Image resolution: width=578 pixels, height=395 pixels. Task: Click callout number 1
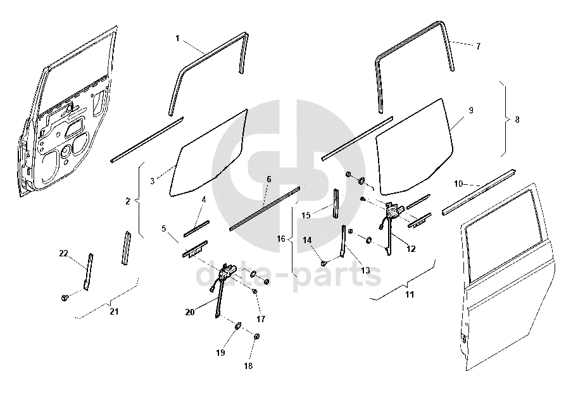click(178, 38)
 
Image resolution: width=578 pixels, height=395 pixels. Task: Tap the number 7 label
click(478, 46)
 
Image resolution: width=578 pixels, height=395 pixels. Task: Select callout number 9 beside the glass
click(471, 110)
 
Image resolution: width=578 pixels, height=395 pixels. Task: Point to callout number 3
click(153, 181)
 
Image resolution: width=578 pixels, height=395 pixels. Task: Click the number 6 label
click(268, 179)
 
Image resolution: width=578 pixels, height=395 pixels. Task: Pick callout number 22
click(63, 253)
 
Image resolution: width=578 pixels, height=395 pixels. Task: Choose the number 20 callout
click(191, 311)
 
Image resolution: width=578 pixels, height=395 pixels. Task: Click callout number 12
click(411, 249)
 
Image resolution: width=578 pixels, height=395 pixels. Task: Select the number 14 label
click(306, 239)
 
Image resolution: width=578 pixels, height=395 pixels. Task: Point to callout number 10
click(458, 184)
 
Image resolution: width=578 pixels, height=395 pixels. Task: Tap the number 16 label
click(282, 239)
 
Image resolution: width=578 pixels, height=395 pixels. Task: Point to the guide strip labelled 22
click(88, 270)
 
